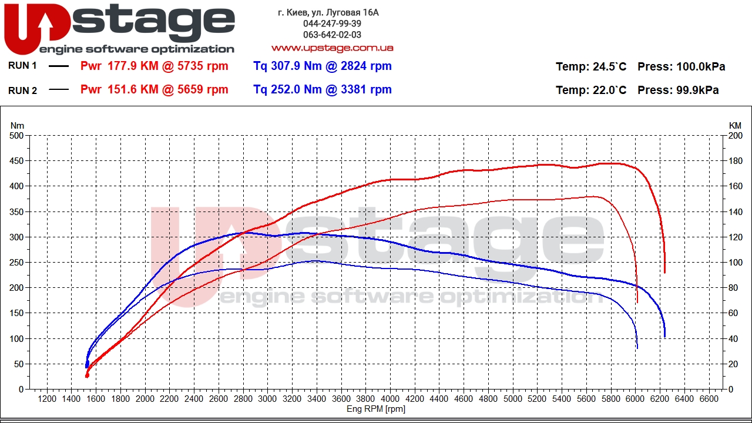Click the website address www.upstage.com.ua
332,48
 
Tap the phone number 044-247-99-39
332,23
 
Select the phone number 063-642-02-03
332,35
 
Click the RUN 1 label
22,66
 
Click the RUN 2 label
22,90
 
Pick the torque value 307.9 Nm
287,66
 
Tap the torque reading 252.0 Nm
287,90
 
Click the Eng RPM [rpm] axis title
376,409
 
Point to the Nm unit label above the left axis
18,125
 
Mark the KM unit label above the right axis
735,125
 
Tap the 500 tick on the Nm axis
17,136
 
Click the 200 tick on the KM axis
735,136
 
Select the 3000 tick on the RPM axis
267,399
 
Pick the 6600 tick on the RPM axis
709,399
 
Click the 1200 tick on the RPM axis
47,399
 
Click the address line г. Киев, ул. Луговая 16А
328,12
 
